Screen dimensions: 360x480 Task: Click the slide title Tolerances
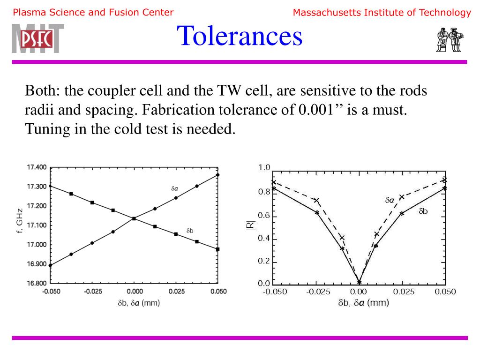[x=240, y=36]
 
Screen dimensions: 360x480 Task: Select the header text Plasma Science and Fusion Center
[x=93, y=13]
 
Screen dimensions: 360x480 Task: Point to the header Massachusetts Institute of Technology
[x=382, y=13]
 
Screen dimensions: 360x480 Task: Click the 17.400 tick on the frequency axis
[x=36, y=167]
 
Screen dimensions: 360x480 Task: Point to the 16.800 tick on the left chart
[x=36, y=283]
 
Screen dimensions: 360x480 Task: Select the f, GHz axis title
[x=19, y=222]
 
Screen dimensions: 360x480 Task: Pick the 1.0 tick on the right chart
[x=264, y=167]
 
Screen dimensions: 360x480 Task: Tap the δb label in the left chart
[x=190, y=231]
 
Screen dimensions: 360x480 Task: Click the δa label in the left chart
[x=174, y=188]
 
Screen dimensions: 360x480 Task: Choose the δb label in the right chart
[x=423, y=211]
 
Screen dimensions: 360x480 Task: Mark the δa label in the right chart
[x=390, y=200]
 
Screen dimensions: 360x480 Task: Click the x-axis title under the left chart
[x=139, y=303]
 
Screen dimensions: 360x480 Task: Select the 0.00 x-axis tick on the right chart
[x=359, y=292]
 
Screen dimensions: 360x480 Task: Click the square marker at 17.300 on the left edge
[x=51, y=186]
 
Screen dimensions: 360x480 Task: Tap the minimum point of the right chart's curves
[x=359, y=282]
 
